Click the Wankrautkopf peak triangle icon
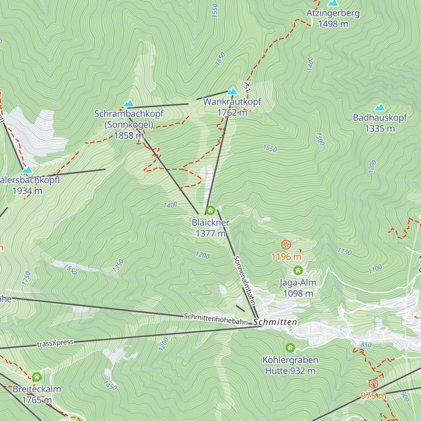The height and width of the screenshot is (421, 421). (x=232, y=92)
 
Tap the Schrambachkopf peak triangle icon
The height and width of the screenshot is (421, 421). (x=129, y=103)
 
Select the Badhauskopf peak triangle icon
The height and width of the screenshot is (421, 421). (x=380, y=107)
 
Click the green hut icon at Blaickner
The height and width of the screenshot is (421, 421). (x=210, y=210)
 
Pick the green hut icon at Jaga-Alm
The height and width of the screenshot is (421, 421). (x=298, y=270)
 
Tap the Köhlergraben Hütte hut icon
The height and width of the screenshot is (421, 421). (x=290, y=348)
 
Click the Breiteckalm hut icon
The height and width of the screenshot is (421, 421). (x=37, y=377)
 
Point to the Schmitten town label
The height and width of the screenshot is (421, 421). (x=275, y=322)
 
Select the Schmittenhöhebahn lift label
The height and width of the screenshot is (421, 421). (x=216, y=319)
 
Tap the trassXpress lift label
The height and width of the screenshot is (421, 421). (x=55, y=343)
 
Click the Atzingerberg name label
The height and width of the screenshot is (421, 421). (x=333, y=13)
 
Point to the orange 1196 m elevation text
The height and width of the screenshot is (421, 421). (x=286, y=257)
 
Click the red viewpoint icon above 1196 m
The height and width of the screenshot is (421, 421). (x=286, y=245)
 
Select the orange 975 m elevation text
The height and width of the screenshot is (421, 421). (x=373, y=396)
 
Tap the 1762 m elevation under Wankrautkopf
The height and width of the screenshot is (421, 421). (x=232, y=113)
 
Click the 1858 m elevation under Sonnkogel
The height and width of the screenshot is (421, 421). (x=129, y=135)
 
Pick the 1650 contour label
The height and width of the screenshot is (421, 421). (x=220, y=59)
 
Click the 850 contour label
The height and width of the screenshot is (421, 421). (x=366, y=345)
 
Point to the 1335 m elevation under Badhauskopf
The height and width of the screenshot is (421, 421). (x=380, y=129)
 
